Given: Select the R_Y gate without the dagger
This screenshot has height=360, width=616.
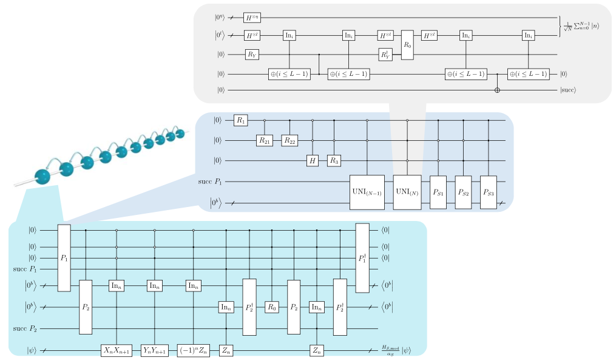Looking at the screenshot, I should pyautogui.click(x=252, y=55).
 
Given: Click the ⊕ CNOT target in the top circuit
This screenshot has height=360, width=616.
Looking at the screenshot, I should pyautogui.click(x=498, y=90).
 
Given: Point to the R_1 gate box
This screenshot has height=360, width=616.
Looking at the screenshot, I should pyautogui.click(x=241, y=121).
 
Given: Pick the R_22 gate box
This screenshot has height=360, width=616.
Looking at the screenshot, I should pyautogui.click(x=289, y=141).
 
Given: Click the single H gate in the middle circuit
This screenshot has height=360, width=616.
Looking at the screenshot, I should pyautogui.click(x=313, y=161).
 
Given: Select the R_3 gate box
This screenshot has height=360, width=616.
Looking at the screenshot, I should pyautogui.click(x=334, y=161).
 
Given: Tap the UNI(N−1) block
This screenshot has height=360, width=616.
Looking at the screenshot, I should pyautogui.click(x=367, y=192).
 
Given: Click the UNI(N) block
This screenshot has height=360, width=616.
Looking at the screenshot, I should pyautogui.click(x=407, y=192).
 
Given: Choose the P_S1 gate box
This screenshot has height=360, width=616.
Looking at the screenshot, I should pyautogui.click(x=438, y=192).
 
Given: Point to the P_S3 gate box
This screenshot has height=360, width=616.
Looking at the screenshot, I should pyautogui.click(x=489, y=192).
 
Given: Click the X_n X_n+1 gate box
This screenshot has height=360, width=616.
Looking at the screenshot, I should pyautogui.click(x=117, y=350).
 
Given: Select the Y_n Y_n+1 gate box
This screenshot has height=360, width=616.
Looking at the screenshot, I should pyautogui.click(x=155, y=350).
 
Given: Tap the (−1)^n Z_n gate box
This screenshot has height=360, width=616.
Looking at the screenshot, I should pyautogui.click(x=193, y=350).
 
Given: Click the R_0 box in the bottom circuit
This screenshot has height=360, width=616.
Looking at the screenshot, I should pyautogui.click(x=272, y=308).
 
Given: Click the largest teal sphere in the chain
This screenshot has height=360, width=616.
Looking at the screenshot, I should pyautogui.click(x=44, y=177).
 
